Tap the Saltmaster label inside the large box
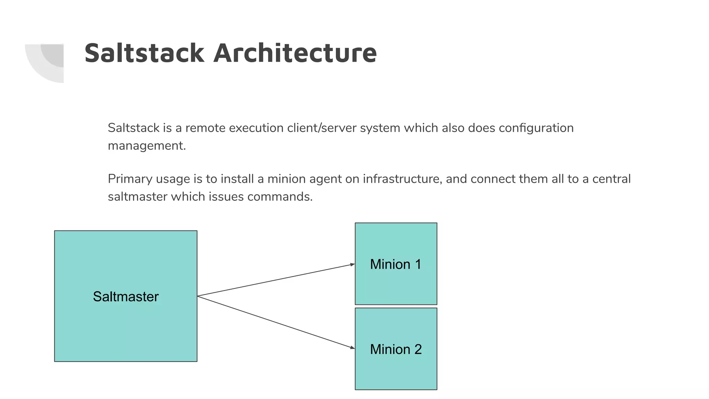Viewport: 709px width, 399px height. tap(126, 296)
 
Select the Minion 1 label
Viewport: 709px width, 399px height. tap(396, 264)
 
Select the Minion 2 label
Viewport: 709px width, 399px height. tap(396, 349)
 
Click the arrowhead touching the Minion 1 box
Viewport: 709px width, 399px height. tap(352, 265)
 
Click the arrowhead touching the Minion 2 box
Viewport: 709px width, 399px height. tap(352, 347)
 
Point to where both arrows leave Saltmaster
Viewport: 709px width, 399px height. tap(198, 296)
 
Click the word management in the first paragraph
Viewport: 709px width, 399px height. tap(146, 146)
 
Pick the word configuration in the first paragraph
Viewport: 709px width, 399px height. tap(536, 128)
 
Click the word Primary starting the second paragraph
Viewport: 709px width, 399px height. tap(130, 179)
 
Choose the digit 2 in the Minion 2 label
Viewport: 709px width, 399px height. tap(418, 349)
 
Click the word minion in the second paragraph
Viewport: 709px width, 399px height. tap(286, 179)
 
